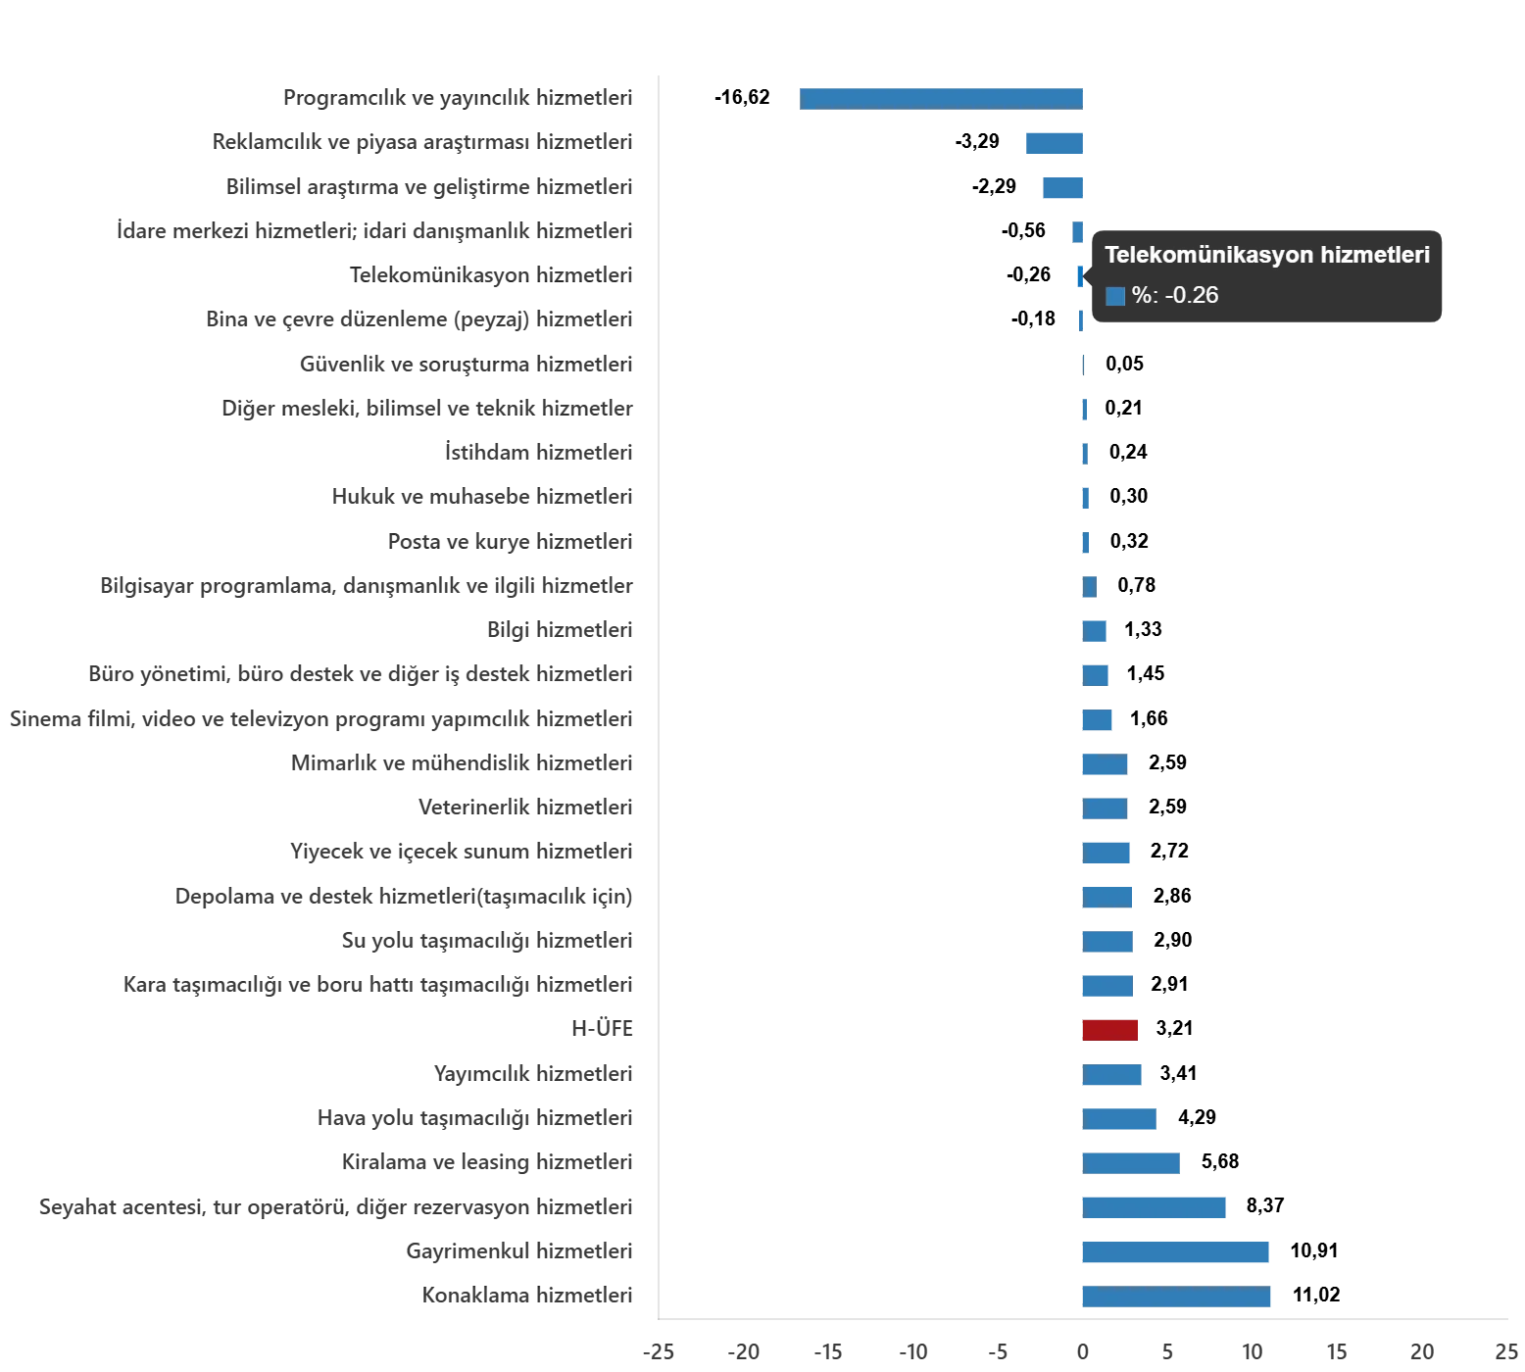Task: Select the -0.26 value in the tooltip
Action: [1191, 295]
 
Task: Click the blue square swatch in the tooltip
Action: [1115, 296]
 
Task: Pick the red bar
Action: [1111, 1031]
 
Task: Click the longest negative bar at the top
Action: [944, 98]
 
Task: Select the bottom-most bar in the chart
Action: [1179, 1298]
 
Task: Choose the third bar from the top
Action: [1065, 187]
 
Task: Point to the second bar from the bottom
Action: [1175, 1253]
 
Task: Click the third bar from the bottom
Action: [1156, 1207]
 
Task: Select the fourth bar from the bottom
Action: [1132, 1164]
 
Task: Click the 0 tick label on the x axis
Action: [1081, 1354]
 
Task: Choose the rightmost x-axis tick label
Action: [1504, 1354]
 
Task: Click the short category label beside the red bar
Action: [604, 1031]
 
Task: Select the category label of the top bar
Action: [459, 98]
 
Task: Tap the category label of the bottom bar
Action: [529, 1298]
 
